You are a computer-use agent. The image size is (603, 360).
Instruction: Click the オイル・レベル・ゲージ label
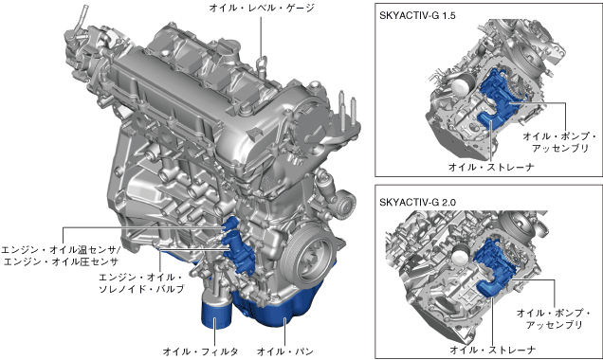[x=262, y=8]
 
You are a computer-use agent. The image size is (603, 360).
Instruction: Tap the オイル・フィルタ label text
[x=200, y=351]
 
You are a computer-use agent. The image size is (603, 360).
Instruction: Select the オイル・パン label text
[x=285, y=351]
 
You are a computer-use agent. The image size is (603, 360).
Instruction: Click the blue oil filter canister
[x=215, y=315]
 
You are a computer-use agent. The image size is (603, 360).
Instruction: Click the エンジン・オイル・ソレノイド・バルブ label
[x=141, y=283]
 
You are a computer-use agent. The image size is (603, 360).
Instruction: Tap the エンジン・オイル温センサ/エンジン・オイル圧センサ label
[x=61, y=256]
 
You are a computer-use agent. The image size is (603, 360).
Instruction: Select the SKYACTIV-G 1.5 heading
[x=417, y=15]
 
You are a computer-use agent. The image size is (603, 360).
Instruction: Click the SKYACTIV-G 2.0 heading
[x=417, y=202]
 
